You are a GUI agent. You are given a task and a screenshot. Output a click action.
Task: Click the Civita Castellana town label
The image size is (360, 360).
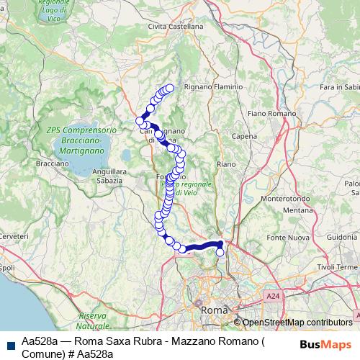[x=175, y=26]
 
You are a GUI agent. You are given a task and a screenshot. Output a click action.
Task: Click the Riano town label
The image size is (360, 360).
[x=225, y=164]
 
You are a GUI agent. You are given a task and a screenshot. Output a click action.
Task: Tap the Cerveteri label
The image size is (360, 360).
[x=14, y=236]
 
